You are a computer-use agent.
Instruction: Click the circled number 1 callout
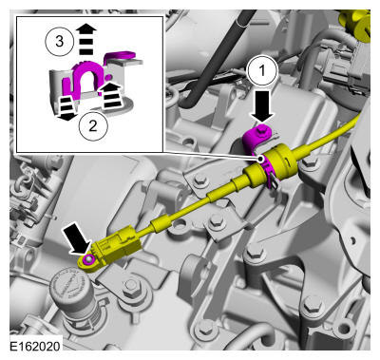point(262,71)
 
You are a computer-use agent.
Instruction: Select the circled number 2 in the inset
point(93,126)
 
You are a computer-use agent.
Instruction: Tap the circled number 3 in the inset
point(59,42)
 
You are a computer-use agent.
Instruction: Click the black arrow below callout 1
point(262,106)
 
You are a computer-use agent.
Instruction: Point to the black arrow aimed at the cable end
point(77,237)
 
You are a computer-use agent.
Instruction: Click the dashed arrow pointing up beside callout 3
point(86,40)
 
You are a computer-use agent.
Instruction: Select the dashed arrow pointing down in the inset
point(66,108)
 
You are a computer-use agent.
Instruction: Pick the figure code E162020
point(35,346)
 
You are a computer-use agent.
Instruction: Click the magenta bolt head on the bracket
point(261,129)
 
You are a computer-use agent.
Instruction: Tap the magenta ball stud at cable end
point(88,259)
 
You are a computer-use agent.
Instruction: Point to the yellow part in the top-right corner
point(356,24)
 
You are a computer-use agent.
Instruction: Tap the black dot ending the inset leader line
point(261,159)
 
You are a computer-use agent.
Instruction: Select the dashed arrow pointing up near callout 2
point(109,96)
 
